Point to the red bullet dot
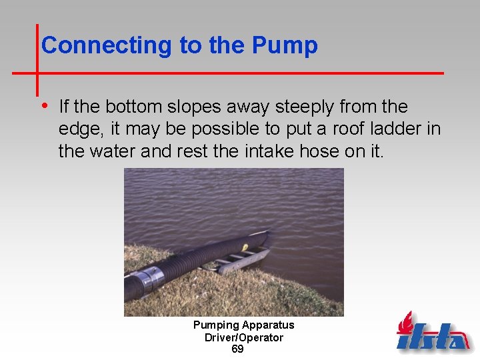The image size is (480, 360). coord(44,105)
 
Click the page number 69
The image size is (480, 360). coord(237,349)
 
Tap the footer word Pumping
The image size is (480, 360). coord(217,325)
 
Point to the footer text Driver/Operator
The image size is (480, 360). coord(243,337)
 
